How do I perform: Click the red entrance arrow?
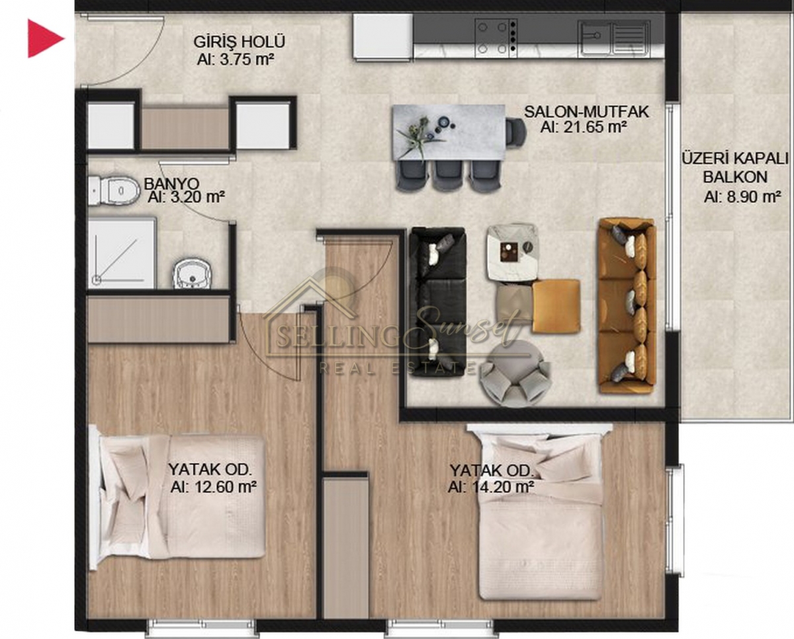pyautogui.click(x=44, y=39)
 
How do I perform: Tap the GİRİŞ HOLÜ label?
pyautogui.click(x=240, y=42)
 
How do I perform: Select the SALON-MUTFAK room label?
pyautogui.click(x=586, y=112)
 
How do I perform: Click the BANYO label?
pyautogui.click(x=171, y=183)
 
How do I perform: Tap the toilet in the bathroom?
pyautogui.click(x=114, y=190)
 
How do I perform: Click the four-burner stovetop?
pyautogui.click(x=496, y=38)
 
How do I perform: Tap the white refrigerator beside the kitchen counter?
pyautogui.click(x=382, y=36)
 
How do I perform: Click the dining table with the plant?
pyautogui.click(x=449, y=132)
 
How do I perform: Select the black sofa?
pyautogui.click(x=437, y=302)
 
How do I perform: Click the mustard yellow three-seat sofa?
pyautogui.click(x=627, y=305)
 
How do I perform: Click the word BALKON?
pyautogui.click(x=735, y=177)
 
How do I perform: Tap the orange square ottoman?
pyautogui.click(x=556, y=306)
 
